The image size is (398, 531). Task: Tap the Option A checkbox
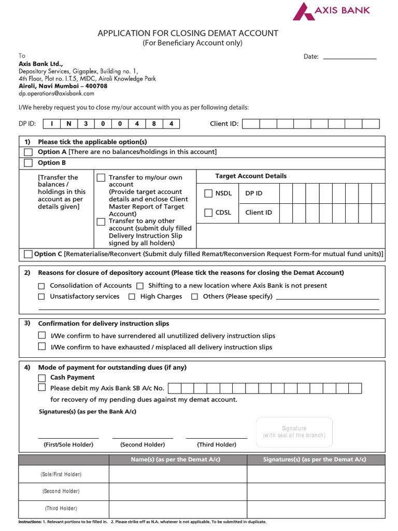pos(28,152)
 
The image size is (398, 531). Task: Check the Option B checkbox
pos(28,163)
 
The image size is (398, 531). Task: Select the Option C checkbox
pos(28,254)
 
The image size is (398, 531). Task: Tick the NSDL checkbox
pos(208,193)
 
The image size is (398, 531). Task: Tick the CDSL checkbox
pos(208,213)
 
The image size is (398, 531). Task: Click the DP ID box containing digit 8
pos(154,124)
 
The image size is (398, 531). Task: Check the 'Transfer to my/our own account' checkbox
pos(101,178)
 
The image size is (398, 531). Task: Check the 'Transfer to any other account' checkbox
pos(101,222)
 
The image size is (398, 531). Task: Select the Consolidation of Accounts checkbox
pos(41,286)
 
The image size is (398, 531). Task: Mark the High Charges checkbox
pos(132,297)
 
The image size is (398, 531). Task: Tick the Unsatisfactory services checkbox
pos(41,297)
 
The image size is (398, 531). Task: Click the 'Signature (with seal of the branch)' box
pos(294,432)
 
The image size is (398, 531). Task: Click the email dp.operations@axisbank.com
pos(56,94)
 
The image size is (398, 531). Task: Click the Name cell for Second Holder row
pos(178,491)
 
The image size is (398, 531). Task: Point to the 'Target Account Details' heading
pos(251,176)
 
